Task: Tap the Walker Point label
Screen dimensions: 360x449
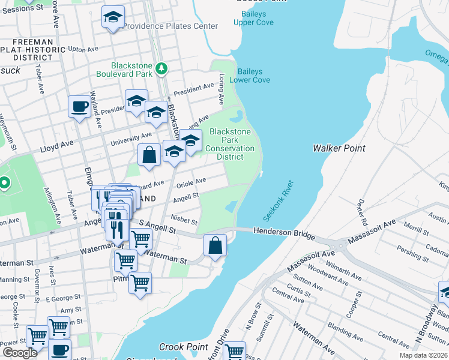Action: point(339,148)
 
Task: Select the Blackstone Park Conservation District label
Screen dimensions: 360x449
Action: point(230,144)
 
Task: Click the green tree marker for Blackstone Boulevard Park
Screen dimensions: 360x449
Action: point(161,69)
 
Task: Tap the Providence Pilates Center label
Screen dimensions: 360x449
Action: point(170,26)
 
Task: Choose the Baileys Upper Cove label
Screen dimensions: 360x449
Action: point(258,18)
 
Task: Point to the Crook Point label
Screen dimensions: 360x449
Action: point(183,347)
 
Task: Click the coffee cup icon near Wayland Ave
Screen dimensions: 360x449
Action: point(79,108)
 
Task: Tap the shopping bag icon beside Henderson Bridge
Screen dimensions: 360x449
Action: point(215,245)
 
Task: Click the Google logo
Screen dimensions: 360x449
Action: point(20,353)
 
